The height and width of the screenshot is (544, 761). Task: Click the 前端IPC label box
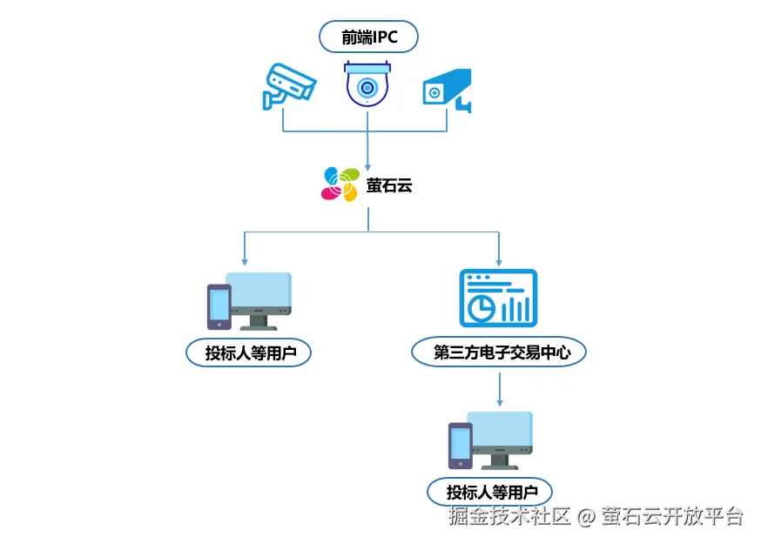pos(368,37)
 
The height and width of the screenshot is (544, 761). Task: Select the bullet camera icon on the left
pos(288,85)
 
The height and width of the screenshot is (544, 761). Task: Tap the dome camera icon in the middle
pos(367,85)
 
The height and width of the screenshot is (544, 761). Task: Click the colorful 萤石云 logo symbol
pos(340,184)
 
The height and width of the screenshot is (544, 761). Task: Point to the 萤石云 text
pos(388,185)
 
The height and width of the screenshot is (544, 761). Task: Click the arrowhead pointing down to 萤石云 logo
pos(368,165)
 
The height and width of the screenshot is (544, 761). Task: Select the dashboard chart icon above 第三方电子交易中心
pos(498,298)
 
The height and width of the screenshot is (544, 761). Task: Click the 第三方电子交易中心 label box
pos(498,353)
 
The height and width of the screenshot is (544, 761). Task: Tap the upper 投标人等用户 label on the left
pos(248,353)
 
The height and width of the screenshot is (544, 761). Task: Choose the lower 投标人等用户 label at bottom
pos(489,491)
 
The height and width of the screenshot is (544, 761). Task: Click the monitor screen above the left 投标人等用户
pos(259,293)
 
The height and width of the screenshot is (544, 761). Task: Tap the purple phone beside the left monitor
pos(219,306)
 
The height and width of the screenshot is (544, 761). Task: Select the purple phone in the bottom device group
pos(460,445)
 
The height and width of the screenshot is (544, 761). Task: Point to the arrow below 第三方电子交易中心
pos(499,388)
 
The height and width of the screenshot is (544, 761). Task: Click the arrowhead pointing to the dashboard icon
pos(499,260)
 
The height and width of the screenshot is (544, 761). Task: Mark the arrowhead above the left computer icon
pos(245,260)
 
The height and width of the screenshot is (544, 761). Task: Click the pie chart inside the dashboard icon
pos(479,306)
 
